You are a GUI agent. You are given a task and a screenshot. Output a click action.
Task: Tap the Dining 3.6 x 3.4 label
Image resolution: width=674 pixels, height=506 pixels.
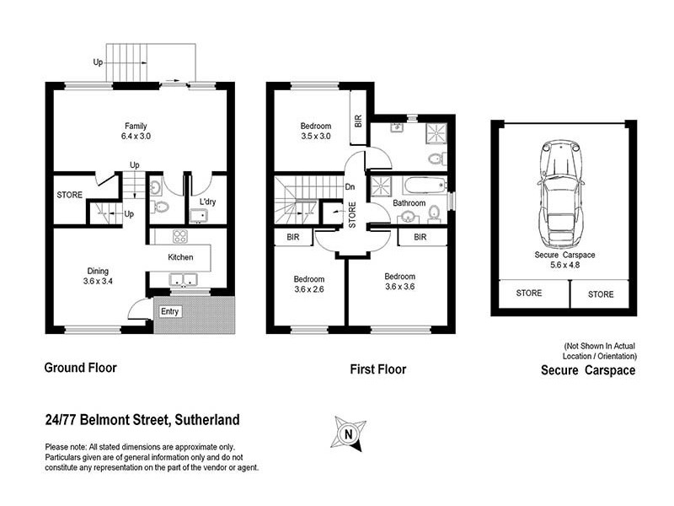[98, 277]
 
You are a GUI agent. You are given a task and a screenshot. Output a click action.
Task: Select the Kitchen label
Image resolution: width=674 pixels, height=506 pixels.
[181, 257]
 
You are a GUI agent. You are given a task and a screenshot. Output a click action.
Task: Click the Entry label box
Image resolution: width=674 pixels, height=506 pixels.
[169, 311]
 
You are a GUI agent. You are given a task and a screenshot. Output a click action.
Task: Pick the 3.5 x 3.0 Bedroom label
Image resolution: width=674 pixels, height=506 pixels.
[317, 131]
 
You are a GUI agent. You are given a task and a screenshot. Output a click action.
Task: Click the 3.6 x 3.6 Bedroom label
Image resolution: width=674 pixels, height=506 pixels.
[400, 282]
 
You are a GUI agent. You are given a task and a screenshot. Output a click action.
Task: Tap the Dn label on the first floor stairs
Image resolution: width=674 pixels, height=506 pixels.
[350, 187]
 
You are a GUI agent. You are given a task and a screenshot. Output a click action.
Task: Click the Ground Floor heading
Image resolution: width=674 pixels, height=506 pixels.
[80, 368]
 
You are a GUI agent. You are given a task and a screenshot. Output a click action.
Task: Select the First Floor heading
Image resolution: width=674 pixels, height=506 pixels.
[377, 369]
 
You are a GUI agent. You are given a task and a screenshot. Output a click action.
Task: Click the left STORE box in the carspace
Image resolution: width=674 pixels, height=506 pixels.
[529, 293]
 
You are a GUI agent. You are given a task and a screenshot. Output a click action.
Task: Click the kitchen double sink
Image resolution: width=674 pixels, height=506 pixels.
[182, 281]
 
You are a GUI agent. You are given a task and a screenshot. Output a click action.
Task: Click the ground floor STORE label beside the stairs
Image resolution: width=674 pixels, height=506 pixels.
[70, 195]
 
